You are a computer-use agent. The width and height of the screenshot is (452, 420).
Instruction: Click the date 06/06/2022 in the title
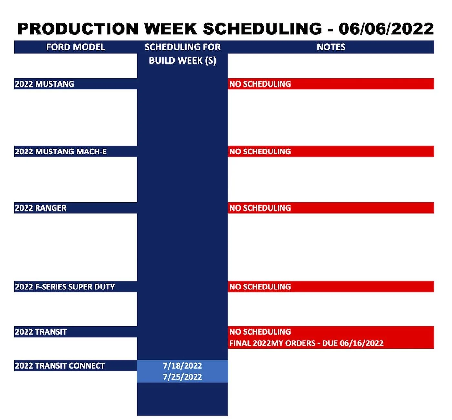click(386, 29)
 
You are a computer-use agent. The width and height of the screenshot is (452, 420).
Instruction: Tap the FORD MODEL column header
click(76, 47)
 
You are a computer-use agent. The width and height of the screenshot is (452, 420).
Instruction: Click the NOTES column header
click(331, 47)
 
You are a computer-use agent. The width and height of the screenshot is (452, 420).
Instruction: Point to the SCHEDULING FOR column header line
click(182, 47)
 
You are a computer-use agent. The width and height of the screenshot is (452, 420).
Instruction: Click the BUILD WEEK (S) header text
click(182, 61)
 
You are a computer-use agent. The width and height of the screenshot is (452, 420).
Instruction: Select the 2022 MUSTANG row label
click(45, 84)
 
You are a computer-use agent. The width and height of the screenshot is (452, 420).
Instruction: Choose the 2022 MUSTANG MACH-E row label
click(61, 152)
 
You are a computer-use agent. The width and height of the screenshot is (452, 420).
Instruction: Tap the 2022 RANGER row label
click(41, 208)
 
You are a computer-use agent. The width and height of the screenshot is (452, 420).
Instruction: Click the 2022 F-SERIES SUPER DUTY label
click(65, 287)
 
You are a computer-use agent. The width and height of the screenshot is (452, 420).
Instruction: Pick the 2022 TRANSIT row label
click(41, 332)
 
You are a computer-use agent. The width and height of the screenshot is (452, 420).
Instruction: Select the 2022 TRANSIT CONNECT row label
click(60, 366)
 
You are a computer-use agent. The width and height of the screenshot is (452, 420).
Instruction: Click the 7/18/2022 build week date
click(182, 366)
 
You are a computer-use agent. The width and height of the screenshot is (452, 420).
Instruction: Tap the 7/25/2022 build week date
click(182, 377)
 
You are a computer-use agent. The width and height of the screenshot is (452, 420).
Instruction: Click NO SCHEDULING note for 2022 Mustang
click(260, 84)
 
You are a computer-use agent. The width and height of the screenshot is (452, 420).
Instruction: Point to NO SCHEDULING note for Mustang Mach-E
click(260, 152)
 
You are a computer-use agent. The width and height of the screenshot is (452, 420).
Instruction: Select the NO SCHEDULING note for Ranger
click(260, 208)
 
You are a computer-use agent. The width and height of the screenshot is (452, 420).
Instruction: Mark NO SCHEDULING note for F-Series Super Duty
click(260, 287)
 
